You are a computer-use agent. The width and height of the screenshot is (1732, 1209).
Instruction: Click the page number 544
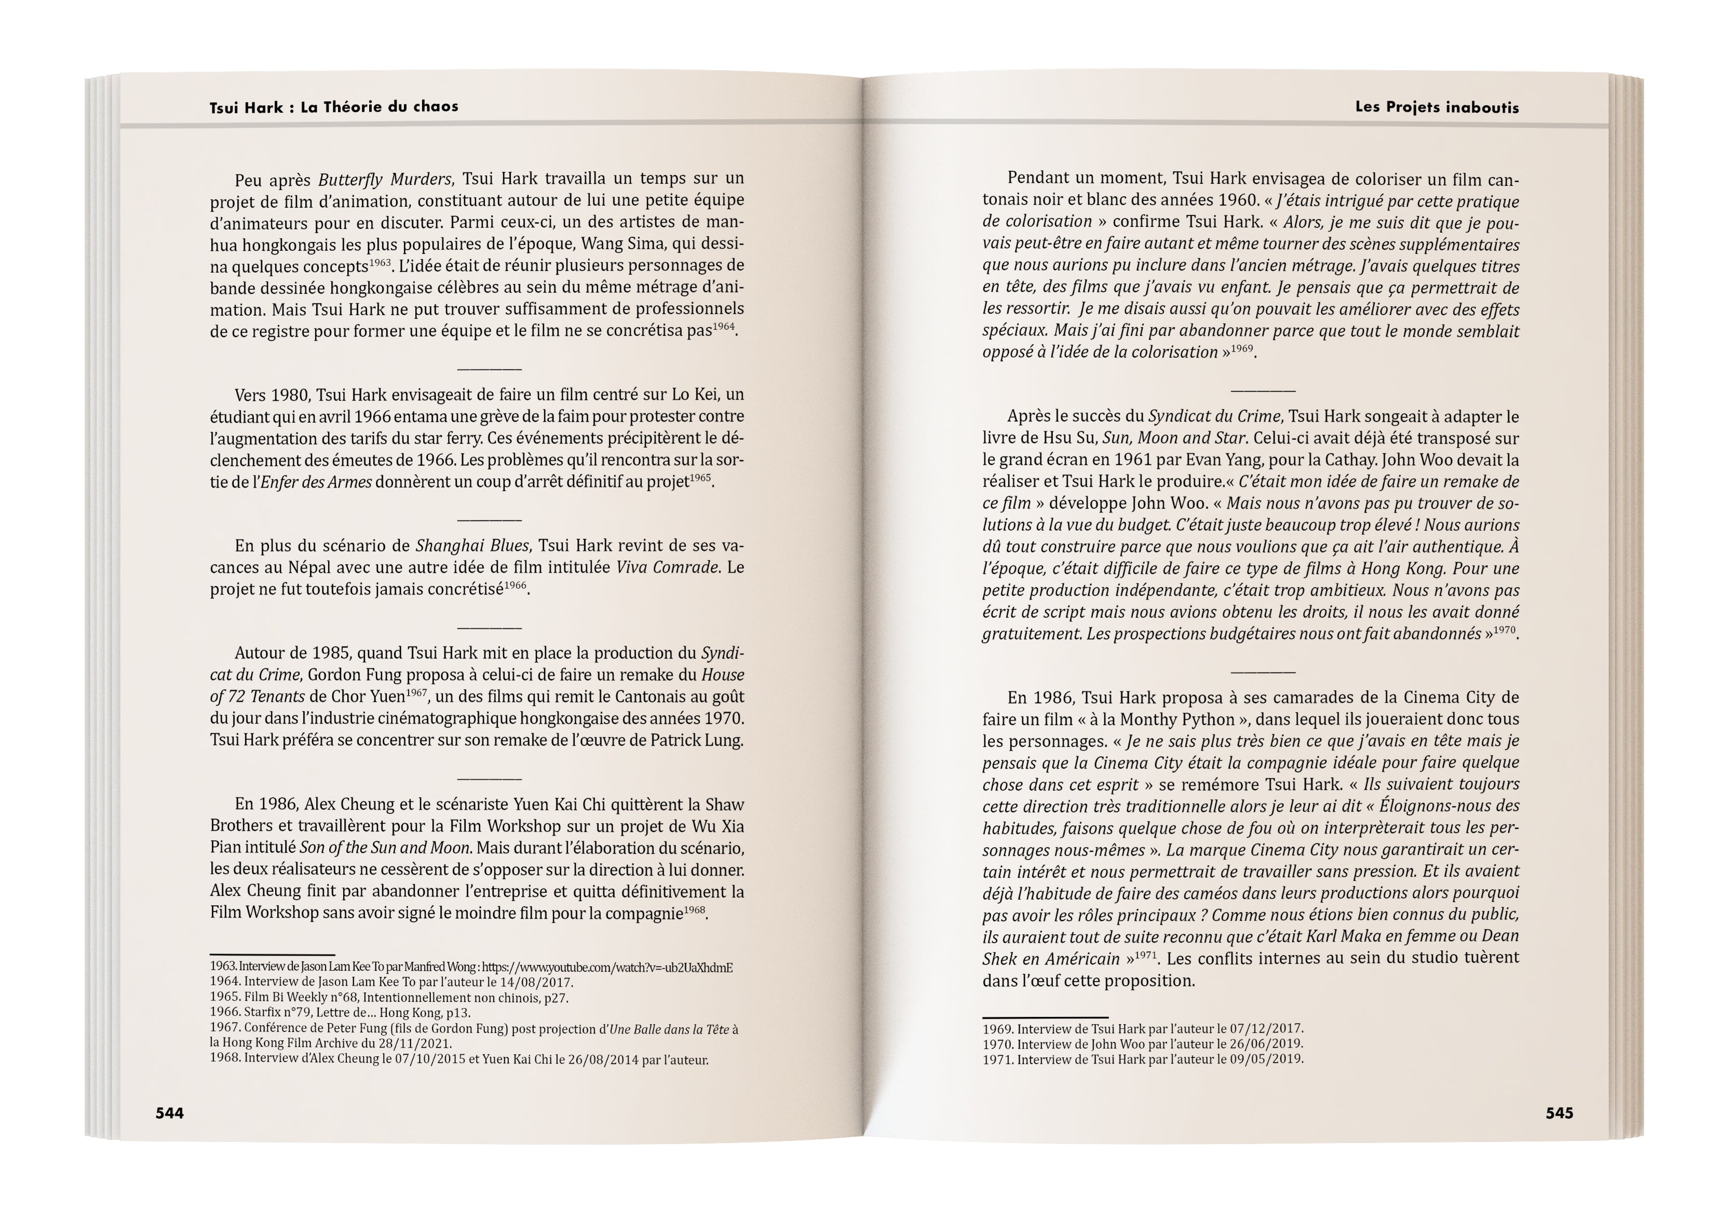point(169,1113)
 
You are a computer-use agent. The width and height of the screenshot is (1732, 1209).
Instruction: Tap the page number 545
point(1559,1113)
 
